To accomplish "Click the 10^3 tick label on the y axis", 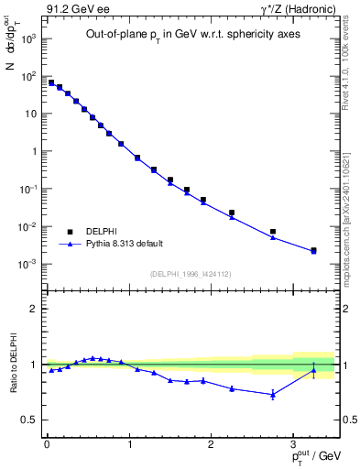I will click(27, 39).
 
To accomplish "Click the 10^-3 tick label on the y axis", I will click(27, 265).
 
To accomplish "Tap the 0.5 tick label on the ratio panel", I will click(28, 420).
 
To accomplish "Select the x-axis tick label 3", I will click(293, 445).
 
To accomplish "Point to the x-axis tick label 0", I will click(47, 445).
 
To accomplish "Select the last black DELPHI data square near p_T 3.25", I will click(314, 250).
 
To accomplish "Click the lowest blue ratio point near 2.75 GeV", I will click(273, 395).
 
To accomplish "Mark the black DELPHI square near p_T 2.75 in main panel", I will click(273, 232).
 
